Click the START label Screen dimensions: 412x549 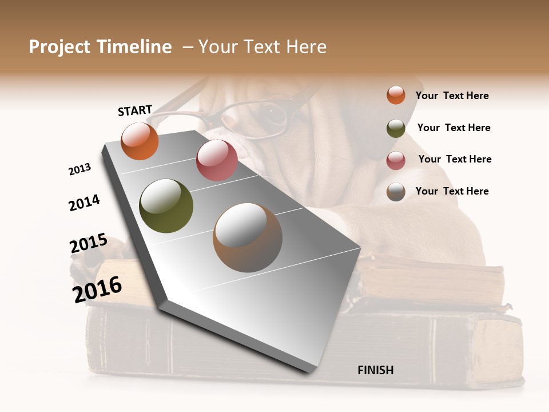tap(135, 110)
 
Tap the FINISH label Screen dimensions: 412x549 tap(375, 370)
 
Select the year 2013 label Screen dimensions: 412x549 tap(79, 169)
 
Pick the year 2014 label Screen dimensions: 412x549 tap(84, 203)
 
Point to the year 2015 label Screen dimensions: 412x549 tap(88, 244)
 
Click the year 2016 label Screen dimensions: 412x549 tap(97, 289)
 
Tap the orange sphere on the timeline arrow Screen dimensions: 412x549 tap(140, 141)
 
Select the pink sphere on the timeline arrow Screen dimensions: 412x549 tap(217, 160)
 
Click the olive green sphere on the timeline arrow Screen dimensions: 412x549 tap(166, 206)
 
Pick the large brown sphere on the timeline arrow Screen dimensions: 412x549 tap(248, 237)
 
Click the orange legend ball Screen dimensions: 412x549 tap(396, 95)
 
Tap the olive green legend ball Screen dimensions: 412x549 tap(396, 128)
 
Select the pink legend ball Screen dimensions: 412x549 tap(396, 160)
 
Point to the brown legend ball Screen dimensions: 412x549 tap(396, 192)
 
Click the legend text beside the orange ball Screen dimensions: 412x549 tap(452, 96)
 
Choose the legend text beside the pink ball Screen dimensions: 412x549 tap(455, 159)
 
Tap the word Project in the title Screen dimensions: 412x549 tap(59, 47)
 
